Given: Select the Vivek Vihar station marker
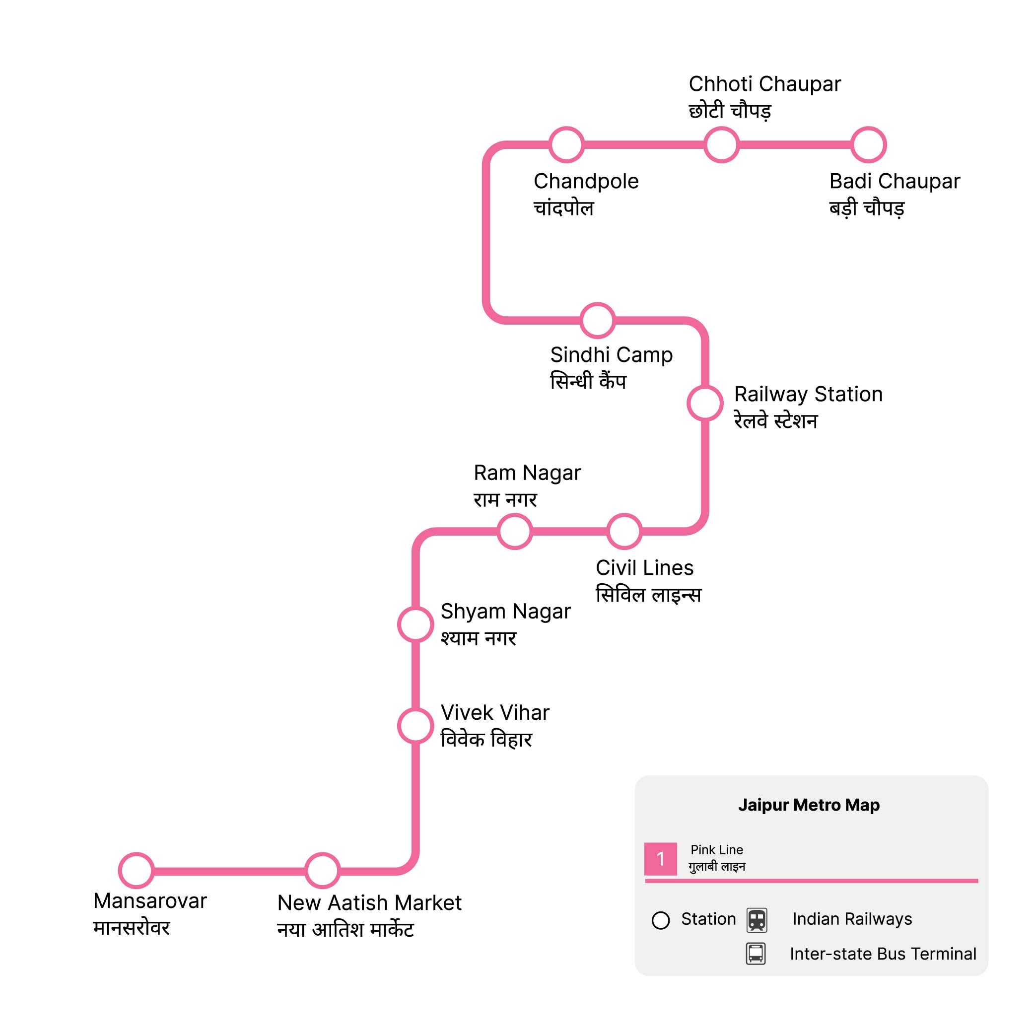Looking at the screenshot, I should point(415,726).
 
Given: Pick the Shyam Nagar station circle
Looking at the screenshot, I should point(415,624).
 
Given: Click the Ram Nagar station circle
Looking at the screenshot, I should point(515,532).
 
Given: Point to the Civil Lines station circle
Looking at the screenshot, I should point(624,532).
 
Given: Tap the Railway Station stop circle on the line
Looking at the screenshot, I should point(705,404).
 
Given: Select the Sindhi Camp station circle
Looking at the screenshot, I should point(598,321).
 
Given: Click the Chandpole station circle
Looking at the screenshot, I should point(567,144).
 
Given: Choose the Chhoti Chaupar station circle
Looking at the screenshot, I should point(721,144).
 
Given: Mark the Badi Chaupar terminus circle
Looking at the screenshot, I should point(869,144).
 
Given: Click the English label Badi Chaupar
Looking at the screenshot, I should point(895,181).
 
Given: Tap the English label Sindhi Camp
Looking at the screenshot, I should point(611,355).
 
